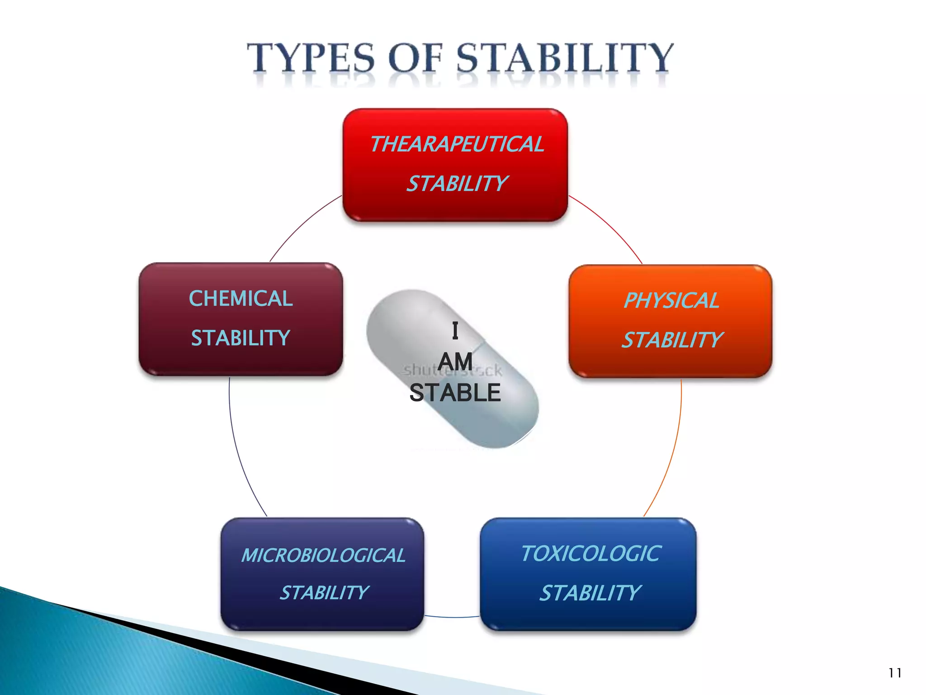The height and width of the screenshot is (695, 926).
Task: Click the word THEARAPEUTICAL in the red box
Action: click(x=457, y=144)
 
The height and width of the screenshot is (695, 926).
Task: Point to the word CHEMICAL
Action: click(x=241, y=299)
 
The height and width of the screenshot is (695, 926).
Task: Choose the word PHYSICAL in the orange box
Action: click(x=671, y=300)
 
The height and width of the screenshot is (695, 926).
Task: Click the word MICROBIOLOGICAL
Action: click(x=323, y=556)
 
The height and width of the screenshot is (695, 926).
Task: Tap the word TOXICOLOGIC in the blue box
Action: click(x=591, y=553)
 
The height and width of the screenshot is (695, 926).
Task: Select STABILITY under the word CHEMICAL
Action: click(x=241, y=338)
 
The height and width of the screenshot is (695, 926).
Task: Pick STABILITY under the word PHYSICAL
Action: click(x=672, y=340)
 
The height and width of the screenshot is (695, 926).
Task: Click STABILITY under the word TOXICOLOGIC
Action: click(x=590, y=593)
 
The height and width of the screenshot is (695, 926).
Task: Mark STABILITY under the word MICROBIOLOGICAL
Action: click(x=324, y=593)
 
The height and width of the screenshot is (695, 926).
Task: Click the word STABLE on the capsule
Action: click(x=455, y=393)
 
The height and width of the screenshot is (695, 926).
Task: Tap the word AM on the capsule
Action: click(x=455, y=362)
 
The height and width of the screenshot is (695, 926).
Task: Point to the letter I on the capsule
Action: click(x=455, y=331)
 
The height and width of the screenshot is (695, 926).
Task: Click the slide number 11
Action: click(x=894, y=673)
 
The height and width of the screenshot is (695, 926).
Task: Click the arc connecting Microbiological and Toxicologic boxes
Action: click(x=452, y=617)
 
